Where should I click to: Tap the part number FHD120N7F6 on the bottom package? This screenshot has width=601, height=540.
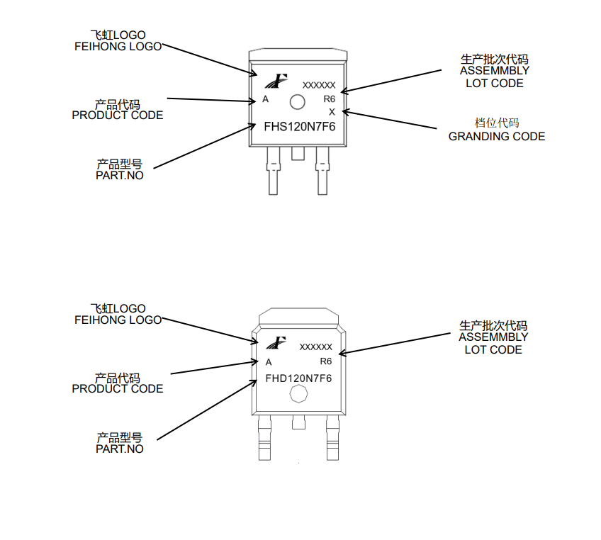(298, 378)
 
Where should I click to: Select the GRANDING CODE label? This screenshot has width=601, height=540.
(497, 136)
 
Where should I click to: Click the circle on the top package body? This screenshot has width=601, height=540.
(298, 102)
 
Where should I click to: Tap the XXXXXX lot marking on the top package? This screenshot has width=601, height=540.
(319, 85)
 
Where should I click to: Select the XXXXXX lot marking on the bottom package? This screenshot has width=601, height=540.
(315, 347)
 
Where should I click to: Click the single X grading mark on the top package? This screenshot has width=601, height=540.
(332, 112)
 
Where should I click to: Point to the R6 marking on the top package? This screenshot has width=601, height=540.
(329, 99)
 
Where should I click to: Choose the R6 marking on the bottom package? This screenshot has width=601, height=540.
(326, 361)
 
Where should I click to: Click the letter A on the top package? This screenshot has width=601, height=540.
(266, 99)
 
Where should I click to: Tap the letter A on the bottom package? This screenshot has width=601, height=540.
(269, 362)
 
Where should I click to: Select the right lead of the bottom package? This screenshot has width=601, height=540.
(332, 439)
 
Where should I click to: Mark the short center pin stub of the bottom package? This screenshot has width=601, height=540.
(298, 422)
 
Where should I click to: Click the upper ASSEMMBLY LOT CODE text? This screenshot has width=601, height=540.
(495, 71)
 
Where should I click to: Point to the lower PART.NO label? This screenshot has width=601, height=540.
(120, 449)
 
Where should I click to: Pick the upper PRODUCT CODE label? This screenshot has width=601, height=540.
(118, 115)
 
